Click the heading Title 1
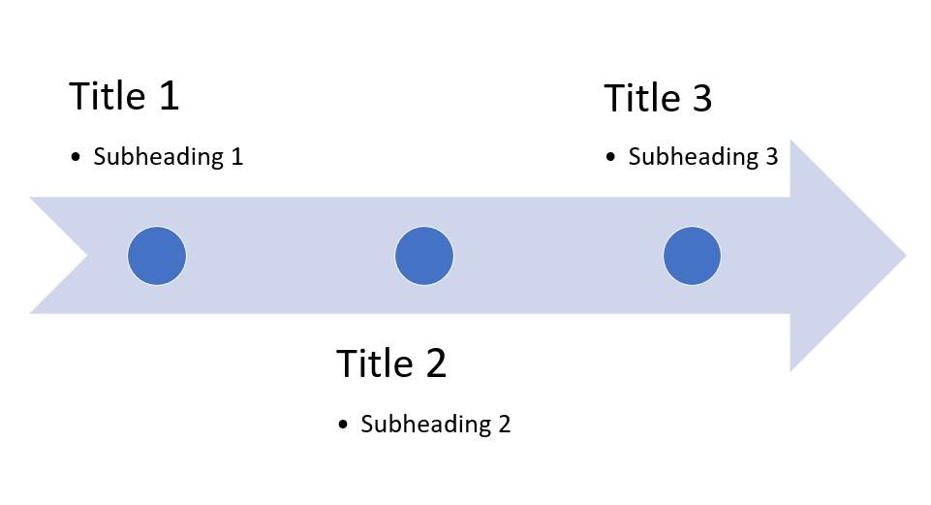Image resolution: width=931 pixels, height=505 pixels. click(x=124, y=97)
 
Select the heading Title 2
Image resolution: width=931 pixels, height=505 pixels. click(x=391, y=363)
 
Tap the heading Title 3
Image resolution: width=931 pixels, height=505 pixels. click(x=658, y=99)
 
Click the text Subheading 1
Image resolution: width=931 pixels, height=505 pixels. click(x=168, y=157)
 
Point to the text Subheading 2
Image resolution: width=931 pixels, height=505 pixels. click(x=435, y=424)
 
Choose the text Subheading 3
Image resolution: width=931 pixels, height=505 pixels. click(x=702, y=157)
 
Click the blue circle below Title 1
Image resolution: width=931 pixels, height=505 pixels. click(x=157, y=256)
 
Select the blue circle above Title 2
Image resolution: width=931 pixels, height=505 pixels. click(x=423, y=256)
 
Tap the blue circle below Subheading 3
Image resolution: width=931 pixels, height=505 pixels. click(x=692, y=256)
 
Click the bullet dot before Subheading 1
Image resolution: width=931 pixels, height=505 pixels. click(x=77, y=158)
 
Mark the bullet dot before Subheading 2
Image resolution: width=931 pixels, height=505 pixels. click(x=344, y=425)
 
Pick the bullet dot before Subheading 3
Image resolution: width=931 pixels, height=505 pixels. click(x=611, y=158)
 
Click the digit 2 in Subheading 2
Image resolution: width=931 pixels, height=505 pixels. click(x=503, y=424)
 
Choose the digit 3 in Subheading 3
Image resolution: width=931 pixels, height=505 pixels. click(x=770, y=157)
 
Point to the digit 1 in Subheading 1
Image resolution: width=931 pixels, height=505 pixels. click(x=236, y=157)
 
